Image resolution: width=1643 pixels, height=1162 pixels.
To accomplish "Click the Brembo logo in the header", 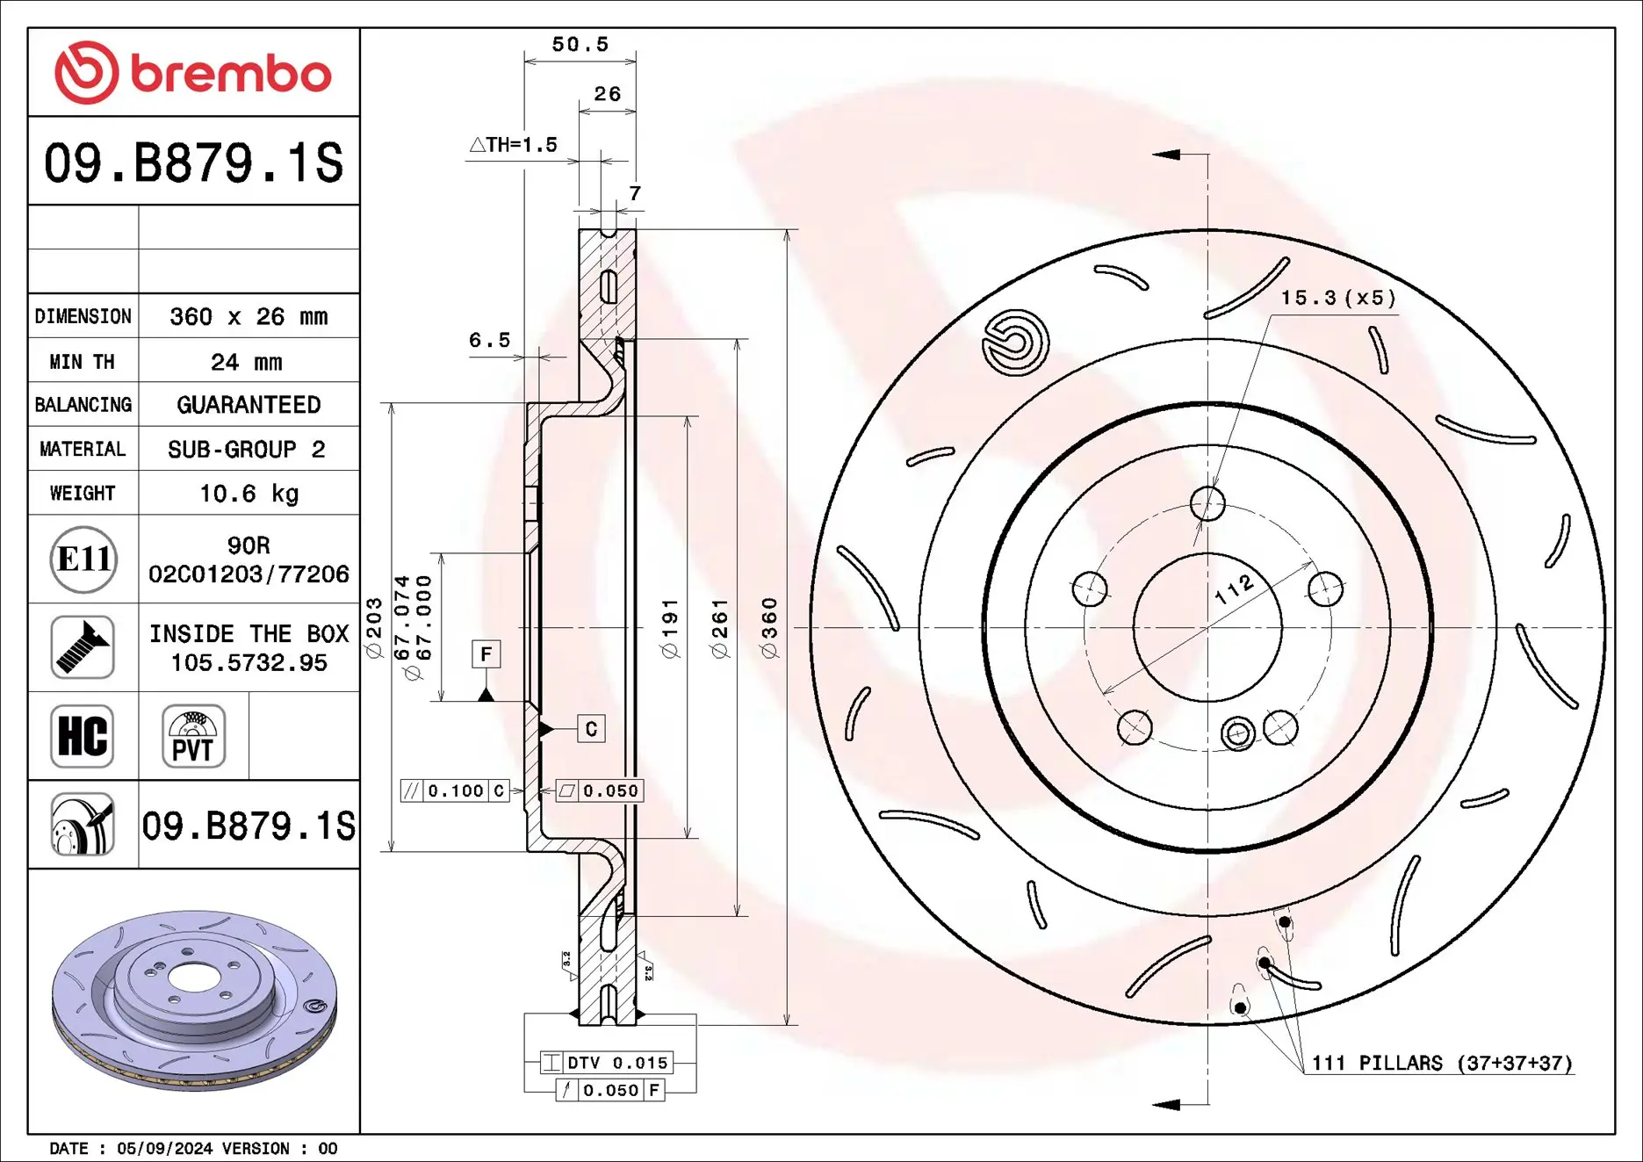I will [x=193, y=73].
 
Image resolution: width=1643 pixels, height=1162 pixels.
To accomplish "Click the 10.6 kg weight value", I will [x=249, y=494].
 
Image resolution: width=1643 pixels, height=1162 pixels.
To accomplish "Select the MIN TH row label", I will [x=83, y=362].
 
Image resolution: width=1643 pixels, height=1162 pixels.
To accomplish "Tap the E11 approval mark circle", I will [x=83, y=559].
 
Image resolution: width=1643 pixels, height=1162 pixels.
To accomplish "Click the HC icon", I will [x=83, y=736].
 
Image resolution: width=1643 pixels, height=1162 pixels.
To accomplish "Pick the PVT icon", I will [x=193, y=736].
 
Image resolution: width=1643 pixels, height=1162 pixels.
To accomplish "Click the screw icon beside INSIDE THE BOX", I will [x=83, y=647].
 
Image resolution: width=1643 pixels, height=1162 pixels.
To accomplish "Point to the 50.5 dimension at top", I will [x=580, y=44].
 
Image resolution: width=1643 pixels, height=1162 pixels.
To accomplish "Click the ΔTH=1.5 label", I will [x=514, y=145].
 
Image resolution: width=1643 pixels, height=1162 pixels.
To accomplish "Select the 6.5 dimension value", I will [x=489, y=340].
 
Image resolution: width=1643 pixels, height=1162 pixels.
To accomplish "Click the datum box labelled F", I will [x=486, y=654].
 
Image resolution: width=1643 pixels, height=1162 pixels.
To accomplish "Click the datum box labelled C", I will [x=591, y=729].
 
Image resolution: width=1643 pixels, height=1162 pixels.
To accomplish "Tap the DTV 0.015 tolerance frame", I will [x=606, y=1063].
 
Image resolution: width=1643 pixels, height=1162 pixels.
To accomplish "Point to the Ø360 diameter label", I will [x=769, y=627].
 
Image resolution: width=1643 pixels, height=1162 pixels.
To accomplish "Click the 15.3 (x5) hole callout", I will [x=1337, y=298].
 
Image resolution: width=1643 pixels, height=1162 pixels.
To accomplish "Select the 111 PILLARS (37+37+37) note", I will [x=1441, y=1064].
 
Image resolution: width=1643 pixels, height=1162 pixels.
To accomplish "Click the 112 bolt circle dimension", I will [x=1234, y=589].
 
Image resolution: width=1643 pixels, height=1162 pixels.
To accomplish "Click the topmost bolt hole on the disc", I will [x=1207, y=503].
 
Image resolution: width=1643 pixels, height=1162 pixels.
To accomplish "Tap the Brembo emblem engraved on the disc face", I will [x=1015, y=342].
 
